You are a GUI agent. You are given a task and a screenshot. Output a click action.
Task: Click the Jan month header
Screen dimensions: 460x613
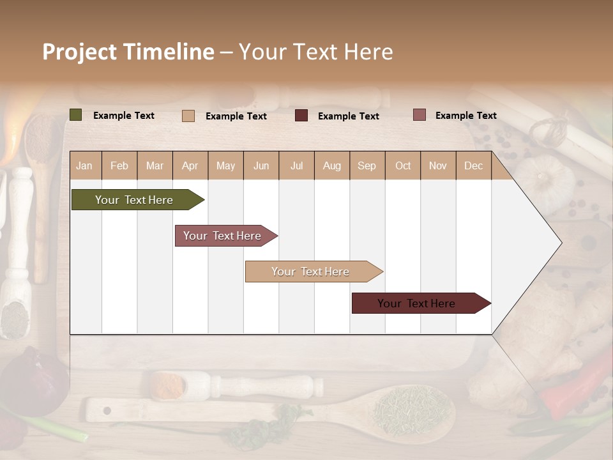tap(85, 165)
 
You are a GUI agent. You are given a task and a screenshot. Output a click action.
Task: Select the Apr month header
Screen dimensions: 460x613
tap(190, 165)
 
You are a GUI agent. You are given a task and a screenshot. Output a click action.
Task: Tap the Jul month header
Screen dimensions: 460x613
tap(296, 165)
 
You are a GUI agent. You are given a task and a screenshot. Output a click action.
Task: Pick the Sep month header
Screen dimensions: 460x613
tap(367, 165)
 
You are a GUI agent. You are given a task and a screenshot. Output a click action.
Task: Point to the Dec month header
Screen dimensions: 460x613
tap(473, 165)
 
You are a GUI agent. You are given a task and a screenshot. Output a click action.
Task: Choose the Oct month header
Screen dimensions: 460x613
tap(402, 165)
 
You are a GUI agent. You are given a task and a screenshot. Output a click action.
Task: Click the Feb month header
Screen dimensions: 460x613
tap(119, 165)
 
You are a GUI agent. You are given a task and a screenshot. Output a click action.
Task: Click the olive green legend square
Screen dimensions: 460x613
tap(76, 115)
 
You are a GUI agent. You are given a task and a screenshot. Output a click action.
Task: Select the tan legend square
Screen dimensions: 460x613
tap(188, 116)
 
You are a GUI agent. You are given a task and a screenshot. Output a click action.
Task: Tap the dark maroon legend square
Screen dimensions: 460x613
tap(301, 116)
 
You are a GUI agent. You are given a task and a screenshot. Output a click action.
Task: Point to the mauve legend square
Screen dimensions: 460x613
tap(420, 115)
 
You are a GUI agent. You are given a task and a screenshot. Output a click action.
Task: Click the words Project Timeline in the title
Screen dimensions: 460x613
tap(128, 52)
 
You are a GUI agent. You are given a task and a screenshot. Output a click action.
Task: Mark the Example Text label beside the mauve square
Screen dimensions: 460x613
tap(465, 116)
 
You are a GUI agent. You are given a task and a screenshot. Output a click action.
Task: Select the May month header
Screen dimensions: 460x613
tap(225, 165)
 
